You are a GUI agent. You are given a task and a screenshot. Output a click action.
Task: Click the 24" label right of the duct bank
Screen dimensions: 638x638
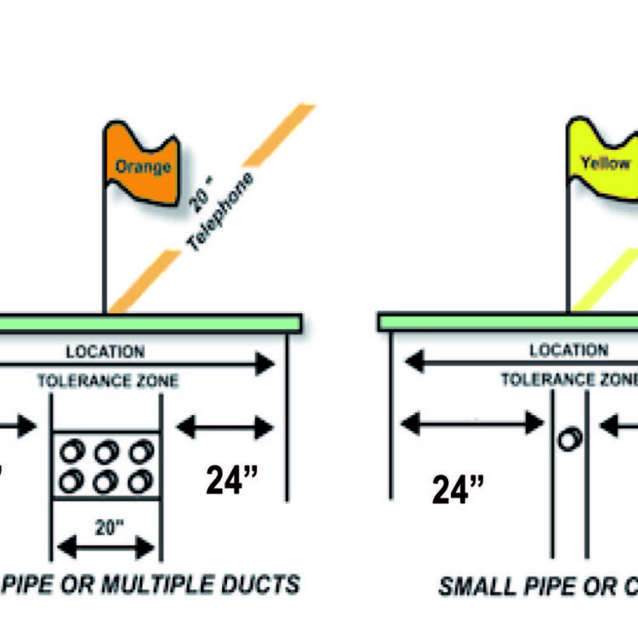(x=231, y=479)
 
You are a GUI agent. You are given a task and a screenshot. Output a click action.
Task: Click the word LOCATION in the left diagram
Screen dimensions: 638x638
(x=105, y=351)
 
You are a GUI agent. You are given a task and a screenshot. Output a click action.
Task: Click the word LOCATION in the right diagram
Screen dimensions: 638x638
(x=568, y=350)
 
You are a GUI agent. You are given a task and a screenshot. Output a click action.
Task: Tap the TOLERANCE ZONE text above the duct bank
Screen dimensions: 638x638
(x=108, y=381)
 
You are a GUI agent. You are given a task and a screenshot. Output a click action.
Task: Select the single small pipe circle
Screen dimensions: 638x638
(x=568, y=440)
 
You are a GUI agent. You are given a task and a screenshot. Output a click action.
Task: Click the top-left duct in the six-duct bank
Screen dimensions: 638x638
(x=73, y=451)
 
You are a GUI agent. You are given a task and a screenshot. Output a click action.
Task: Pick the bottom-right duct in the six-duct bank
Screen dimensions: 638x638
(x=140, y=481)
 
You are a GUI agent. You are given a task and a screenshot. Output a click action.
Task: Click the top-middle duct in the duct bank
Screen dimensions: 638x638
(x=106, y=451)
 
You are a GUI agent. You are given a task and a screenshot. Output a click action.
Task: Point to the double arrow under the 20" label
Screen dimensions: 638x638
(x=107, y=545)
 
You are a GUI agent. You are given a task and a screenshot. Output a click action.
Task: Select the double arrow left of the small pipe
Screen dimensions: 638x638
(x=471, y=422)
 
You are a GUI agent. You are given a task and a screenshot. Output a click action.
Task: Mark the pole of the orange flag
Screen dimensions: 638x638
(x=105, y=247)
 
